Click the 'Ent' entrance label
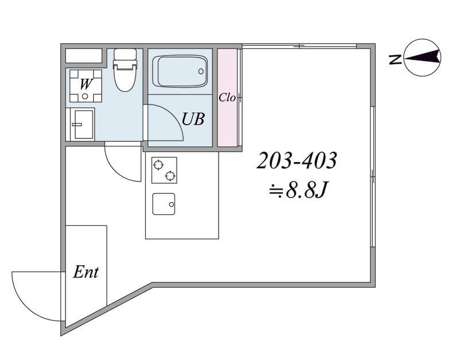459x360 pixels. [x=85, y=272]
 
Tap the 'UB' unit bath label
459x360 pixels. [x=193, y=119]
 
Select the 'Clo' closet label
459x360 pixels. [x=227, y=97]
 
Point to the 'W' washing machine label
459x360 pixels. [x=85, y=84]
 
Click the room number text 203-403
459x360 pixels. [x=297, y=161]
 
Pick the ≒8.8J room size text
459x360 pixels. [x=298, y=190]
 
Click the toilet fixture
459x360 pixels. [x=125, y=69]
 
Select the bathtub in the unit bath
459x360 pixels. [x=180, y=71]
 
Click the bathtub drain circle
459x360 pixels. [x=201, y=71]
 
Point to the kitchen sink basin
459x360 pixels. [x=164, y=204]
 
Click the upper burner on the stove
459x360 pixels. [x=158, y=165]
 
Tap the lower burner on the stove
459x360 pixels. [x=170, y=176]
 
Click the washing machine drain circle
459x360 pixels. [x=85, y=96]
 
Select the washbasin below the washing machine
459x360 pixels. [x=83, y=124]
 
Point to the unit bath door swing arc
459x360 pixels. [x=175, y=117]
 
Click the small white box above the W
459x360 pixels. [x=83, y=56]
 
